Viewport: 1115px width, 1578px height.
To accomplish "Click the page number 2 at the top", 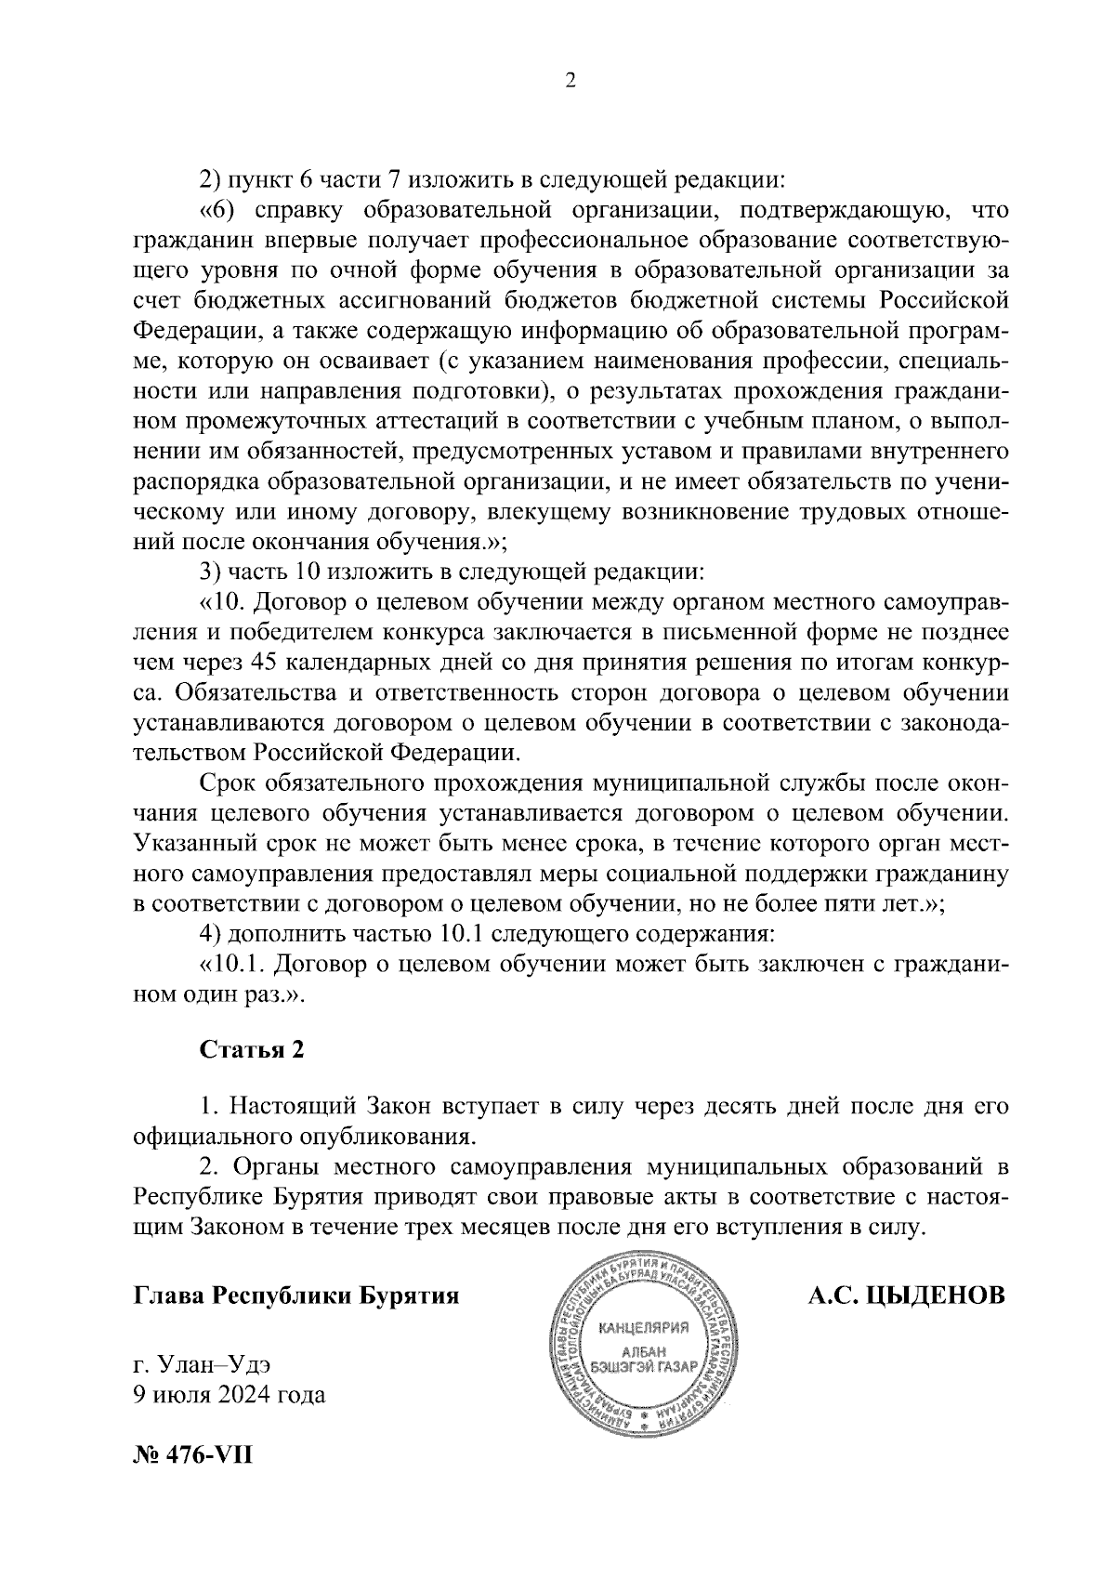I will (571, 82).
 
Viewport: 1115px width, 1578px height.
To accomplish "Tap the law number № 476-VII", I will (192, 1452).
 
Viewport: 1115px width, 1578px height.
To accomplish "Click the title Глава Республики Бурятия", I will (296, 1295).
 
